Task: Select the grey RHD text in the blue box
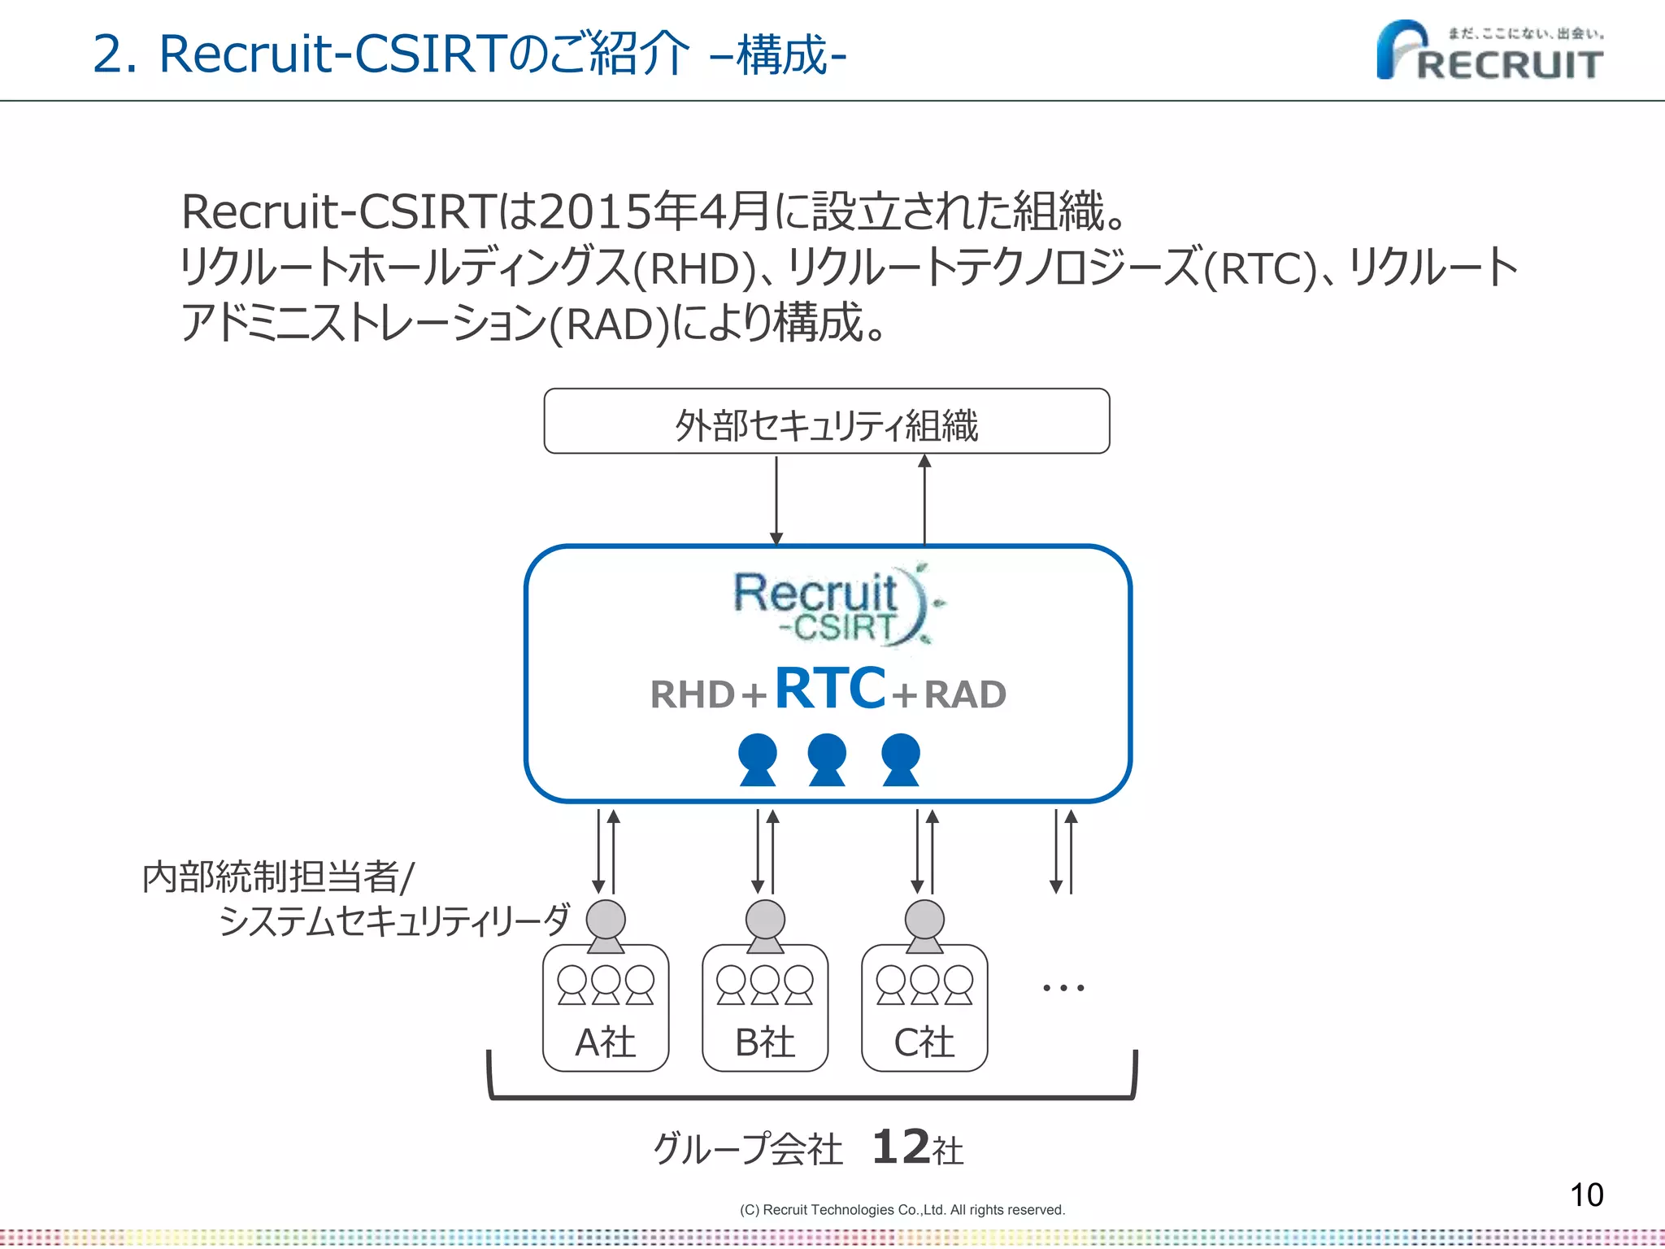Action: (x=693, y=695)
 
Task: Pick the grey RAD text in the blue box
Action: (x=965, y=695)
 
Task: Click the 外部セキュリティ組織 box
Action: (x=826, y=422)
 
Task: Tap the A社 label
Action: (x=605, y=1042)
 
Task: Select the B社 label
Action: (x=764, y=1042)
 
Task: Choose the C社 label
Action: (x=924, y=1042)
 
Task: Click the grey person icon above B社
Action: (x=765, y=925)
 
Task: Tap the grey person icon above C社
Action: (x=924, y=925)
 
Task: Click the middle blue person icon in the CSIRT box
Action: (x=827, y=759)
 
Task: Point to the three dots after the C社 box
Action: (x=1063, y=988)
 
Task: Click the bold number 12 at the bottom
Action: (x=900, y=1147)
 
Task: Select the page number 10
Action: (x=1586, y=1195)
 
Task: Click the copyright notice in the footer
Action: (x=902, y=1210)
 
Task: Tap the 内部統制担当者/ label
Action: (x=278, y=877)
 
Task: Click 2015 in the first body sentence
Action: (x=594, y=211)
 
